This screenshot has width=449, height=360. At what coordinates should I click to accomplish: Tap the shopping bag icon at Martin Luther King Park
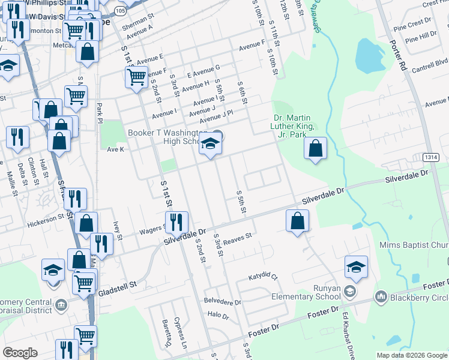pyautogui.click(x=315, y=148)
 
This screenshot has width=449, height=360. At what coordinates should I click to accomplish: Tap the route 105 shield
pyautogui.click(x=119, y=11)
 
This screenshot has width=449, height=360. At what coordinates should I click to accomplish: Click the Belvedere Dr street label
pyautogui.click(x=222, y=302)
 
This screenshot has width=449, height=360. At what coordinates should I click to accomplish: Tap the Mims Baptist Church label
pyautogui.click(x=414, y=245)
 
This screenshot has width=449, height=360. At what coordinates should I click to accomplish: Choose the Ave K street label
pyautogui.click(x=115, y=149)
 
